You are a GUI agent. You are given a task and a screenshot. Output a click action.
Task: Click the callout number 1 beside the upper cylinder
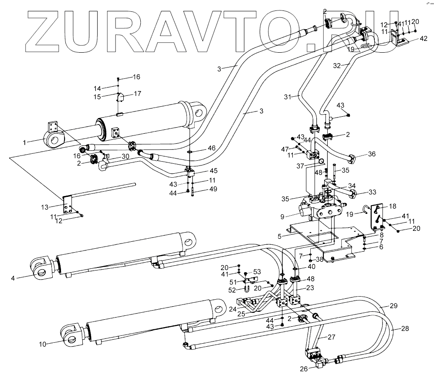coord(25,142)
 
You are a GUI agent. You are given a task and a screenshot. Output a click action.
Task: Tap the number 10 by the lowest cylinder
coord(42,344)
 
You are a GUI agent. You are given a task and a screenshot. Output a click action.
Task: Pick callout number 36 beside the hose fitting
coord(371,154)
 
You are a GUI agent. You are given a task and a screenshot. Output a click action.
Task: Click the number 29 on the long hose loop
coord(393,306)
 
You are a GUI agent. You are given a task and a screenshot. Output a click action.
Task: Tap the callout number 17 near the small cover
coord(138,94)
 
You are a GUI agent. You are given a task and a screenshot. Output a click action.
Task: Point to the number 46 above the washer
coord(211,149)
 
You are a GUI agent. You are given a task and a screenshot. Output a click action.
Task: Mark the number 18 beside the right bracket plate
coord(393,206)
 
